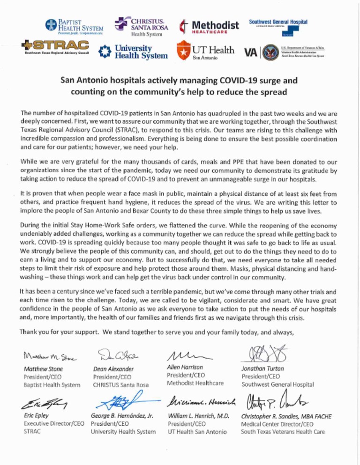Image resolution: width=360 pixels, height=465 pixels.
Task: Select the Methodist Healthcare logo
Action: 209,25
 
